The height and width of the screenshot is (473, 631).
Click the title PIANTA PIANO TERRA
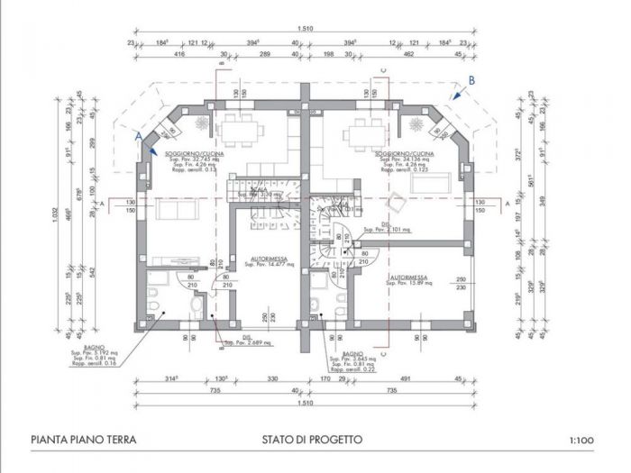83,440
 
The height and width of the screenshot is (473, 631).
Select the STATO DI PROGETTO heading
312,440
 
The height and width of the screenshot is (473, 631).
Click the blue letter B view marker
471,80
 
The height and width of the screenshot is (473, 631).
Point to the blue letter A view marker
138,134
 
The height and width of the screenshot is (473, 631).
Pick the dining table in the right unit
370,129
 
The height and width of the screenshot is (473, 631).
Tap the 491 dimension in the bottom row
405,379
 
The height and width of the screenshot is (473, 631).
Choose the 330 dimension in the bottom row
270,379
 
